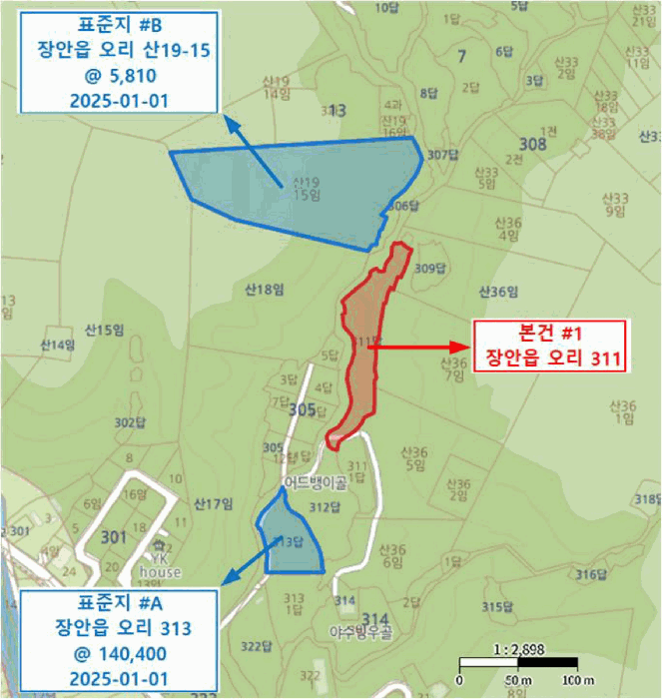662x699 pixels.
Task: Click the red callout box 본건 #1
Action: [x=548, y=347]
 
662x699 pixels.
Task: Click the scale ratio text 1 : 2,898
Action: [x=518, y=648]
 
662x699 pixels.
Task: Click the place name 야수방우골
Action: [x=360, y=631]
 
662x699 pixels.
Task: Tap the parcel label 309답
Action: [x=427, y=268]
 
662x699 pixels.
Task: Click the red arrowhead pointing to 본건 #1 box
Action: [x=460, y=347]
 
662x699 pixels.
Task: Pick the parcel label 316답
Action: [x=591, y=574]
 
